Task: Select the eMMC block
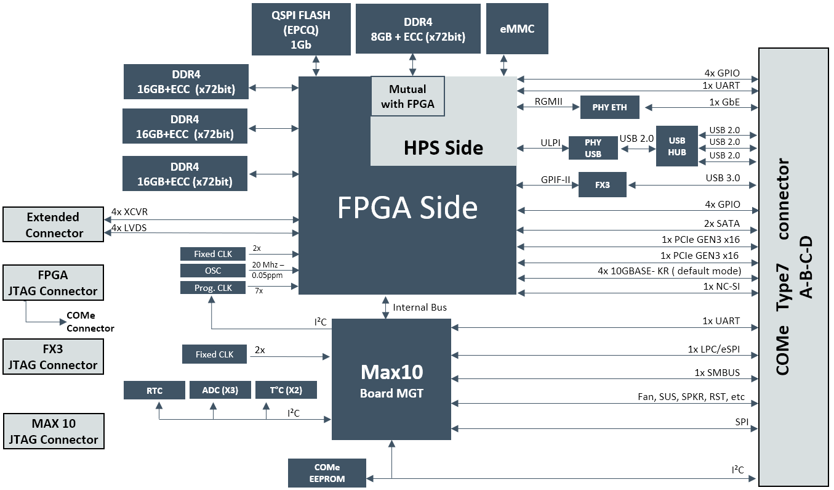(x=517, y=28)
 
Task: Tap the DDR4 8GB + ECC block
(x=419, y=29)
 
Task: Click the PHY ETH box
(x=610, y=107)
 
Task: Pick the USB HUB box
(x=677, y=147)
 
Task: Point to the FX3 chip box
(x=603, y=185)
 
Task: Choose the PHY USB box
(x=593, y=148)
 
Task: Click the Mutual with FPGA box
(x=407, y=96)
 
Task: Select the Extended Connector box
(x=53, y=225)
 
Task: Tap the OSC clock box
(x=213, y=271)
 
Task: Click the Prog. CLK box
(x=213, y=287)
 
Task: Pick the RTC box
(x=154, y=390)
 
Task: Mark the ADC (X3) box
(x=220, y=390)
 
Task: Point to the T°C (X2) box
(x=286, y=390)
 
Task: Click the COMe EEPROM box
(x=327, y=473)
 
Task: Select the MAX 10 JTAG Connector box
(x=53, y=431)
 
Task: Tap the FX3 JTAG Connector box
(x=53, y=357)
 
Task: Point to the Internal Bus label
(x=420, y=308)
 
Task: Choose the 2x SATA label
(x=722, y=224)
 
